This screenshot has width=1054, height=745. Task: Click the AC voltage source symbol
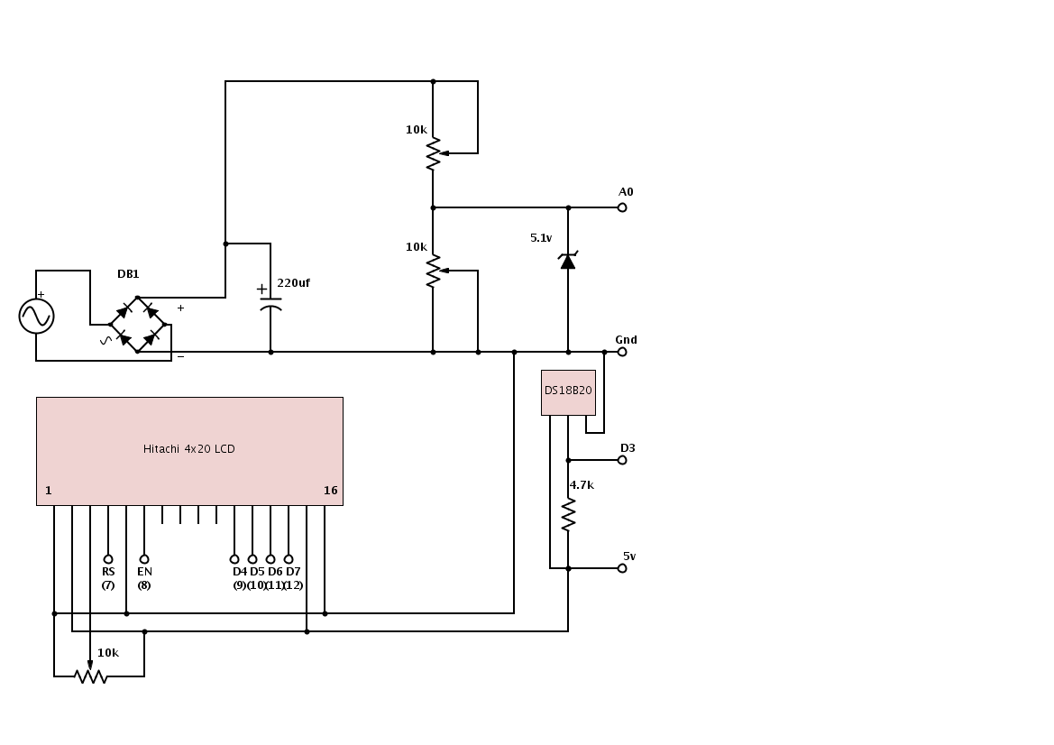pos(36,316)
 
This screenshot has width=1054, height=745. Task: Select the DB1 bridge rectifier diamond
pos(137,325)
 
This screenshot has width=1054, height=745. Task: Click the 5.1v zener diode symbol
pos(568,261)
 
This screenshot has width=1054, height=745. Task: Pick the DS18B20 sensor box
pos(568,391)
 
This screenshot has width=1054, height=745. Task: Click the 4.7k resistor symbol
pos(568,515)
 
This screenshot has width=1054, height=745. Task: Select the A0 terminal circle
pos(622,207)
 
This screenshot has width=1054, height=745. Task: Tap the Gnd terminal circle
pos(622,352)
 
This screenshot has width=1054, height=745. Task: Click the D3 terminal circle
pos(622,460)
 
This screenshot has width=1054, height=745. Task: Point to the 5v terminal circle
pos(622,568)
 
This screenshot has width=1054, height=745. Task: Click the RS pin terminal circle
pos(108,559)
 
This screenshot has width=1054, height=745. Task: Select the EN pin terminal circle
pos(144,559)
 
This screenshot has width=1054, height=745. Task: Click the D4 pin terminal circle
pos(234,559)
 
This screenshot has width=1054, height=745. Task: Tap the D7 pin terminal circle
pos(289,559)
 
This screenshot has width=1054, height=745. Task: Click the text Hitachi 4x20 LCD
pos(189,449)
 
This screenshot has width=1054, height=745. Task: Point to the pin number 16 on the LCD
pos(330,491)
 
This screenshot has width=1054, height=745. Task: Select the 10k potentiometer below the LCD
pos(90,676)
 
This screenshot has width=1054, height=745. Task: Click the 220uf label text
pos(293,283)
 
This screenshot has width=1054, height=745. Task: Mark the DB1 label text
pos(128,274)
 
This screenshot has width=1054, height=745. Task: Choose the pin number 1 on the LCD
pos(49,491)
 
